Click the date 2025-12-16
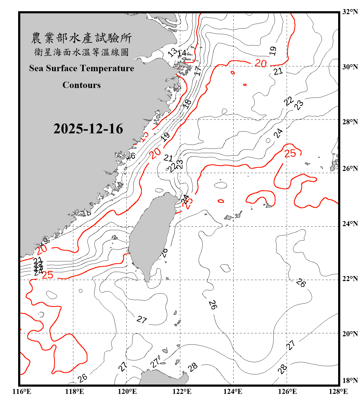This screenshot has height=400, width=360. click(88, 129)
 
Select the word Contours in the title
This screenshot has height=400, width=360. click(82, 85)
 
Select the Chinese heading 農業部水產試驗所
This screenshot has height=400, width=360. click(81, 38)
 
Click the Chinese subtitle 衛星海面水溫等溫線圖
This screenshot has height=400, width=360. click(81, 52)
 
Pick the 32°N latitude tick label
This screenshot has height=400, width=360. click(350, 12)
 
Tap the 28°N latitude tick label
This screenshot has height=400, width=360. click(350, 122)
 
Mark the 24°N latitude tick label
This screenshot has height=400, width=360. click(350, 224)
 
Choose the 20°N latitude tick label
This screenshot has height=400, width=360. click(350, 334)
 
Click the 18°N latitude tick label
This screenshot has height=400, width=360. click(350, 381)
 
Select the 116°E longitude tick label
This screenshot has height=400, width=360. click(22, 391)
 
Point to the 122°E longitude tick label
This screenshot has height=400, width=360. click(182, 391)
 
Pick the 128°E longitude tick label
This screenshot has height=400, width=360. click(338, 391)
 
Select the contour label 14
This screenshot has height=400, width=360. click(182, 53)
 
